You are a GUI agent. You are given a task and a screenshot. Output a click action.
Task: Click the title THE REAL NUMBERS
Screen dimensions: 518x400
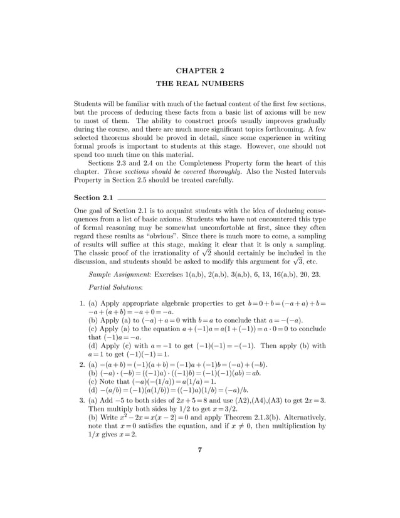pos(199,83)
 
